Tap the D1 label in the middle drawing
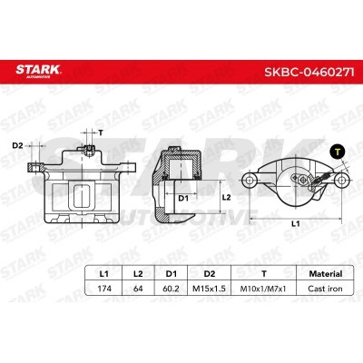tap(182, 196)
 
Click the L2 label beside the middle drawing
tap(228, 196)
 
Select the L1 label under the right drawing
tap(296, 223)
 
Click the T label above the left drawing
tap(100, 132)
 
